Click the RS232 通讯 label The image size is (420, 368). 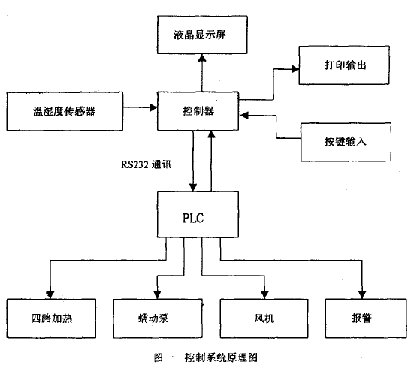[147, 164]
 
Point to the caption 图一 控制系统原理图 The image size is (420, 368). [206, 357]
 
